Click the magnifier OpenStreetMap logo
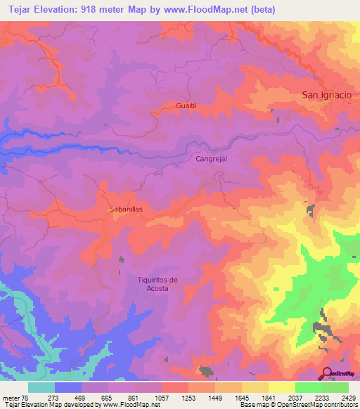coord(327,373)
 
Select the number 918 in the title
coord(86,9)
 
